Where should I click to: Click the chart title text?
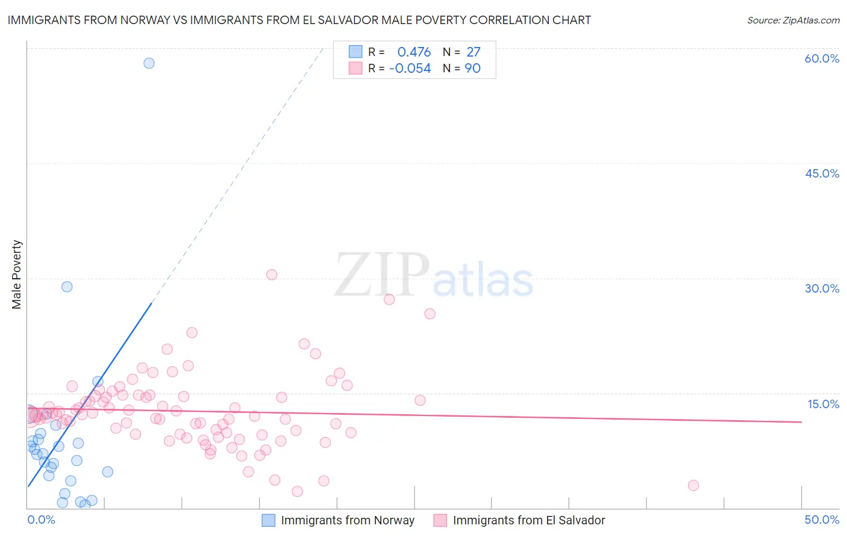point(299,20)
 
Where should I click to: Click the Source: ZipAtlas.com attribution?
point(793,20)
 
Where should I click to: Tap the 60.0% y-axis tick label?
point(822,58)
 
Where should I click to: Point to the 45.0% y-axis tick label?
point(822,173)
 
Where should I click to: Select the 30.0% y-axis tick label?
point(822,288)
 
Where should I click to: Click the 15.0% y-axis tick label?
point(823,404)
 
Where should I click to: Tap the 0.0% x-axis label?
point(41,520)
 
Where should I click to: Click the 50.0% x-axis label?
point(822,520)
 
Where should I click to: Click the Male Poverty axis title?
point(17,275)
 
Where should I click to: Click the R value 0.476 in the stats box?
point(414,52)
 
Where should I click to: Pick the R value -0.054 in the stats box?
point(410,69)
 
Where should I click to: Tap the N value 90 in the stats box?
point(472,69)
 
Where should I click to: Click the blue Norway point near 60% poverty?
point(149,63)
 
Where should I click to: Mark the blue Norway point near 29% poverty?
point(67,287)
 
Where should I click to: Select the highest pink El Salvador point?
point(272,275)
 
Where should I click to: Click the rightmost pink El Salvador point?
point(693,485)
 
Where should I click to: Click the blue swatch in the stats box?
point(355,52)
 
